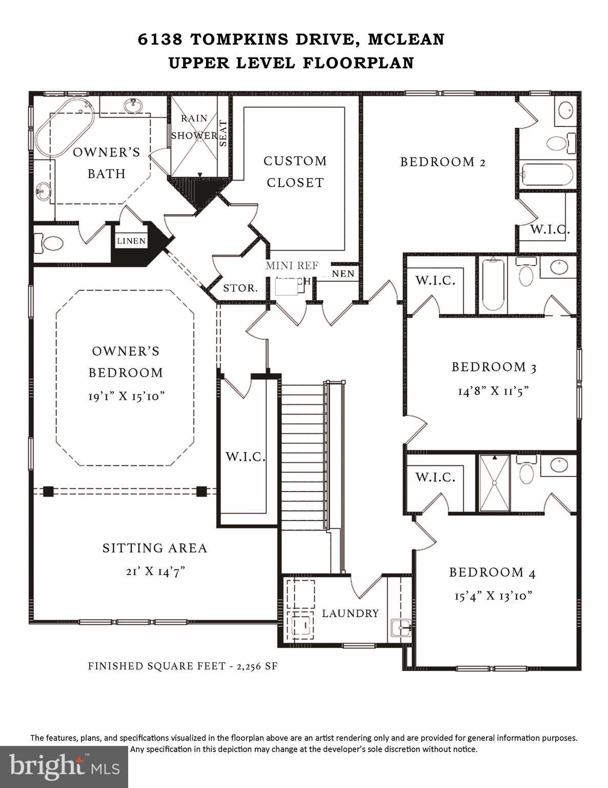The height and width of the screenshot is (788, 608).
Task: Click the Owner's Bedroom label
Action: tap(126, 362)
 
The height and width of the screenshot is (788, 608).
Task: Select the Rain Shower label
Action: tap(194, 127)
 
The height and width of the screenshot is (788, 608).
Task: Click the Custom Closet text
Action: tap(295, 171)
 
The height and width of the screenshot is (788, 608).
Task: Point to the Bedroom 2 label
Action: tap(443, 162)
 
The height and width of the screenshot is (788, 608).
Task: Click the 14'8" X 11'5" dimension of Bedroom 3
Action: tap(493, 391)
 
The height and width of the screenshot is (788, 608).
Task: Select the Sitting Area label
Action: tap(155, 548)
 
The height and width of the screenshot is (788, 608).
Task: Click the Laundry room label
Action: tap(351, 613)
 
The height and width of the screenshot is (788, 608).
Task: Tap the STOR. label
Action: tap(240, 288)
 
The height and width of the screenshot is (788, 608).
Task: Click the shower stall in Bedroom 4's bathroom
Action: tap(494, 483)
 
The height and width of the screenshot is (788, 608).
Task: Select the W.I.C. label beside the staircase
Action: tap(246, 457)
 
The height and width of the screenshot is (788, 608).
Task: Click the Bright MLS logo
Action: tap(64, 767)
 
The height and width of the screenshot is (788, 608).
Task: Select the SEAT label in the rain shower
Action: tap(224, 133)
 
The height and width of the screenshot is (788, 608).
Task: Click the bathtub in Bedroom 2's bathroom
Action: tap(546, 174)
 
